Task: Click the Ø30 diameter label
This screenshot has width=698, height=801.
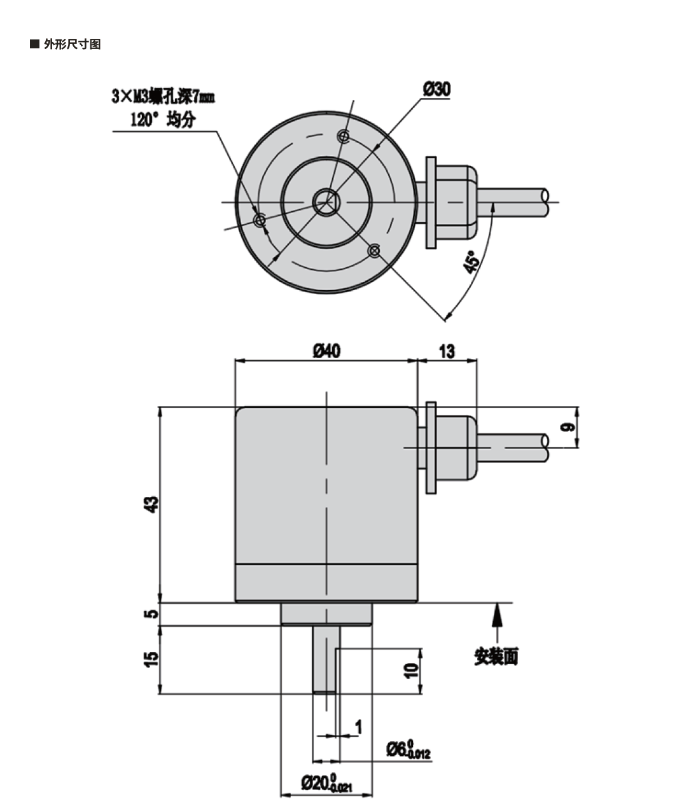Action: pyautogui.click(x=436, y=90)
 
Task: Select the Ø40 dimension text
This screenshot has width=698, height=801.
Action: pyautogui.click(x=326, y=351)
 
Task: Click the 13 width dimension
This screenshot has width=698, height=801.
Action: pyautogui.click(x=447, y=351)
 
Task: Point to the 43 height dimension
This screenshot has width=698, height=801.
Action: pyautogui.click(x=151, y=504)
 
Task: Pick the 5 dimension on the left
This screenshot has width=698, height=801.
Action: pyautogui.click(x=151, y=614)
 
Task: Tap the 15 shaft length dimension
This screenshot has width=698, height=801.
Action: pyautogui.click(x=151, y=659)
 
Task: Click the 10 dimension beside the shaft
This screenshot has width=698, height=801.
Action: pyautogui.click(x=412, y=669)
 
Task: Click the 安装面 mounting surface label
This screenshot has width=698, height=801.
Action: pyautogui.click(x=496, y=656)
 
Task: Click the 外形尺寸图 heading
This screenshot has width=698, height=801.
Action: pyautogui.click(x=72, y=45)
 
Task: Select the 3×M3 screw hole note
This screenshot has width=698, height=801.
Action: pyautogui.click(x=163, y=97)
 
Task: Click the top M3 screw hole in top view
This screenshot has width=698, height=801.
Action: pyautogui.click(x=344, y=136)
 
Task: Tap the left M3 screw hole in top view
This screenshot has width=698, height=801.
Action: pyautogui.click(x=260, y=220)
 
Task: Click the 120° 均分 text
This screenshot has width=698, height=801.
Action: pyautogui.click(x=162, y=119)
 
